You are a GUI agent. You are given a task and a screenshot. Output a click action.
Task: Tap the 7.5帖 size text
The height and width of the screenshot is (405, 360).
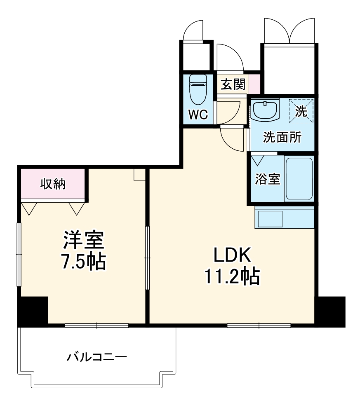84,262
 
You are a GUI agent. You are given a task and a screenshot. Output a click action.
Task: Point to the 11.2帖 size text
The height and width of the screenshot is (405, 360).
232,277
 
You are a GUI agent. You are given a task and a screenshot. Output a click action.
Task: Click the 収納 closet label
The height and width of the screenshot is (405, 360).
53,184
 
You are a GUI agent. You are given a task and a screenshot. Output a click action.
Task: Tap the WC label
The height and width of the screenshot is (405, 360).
198,115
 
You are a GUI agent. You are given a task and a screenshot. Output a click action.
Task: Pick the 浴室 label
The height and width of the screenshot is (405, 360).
268,179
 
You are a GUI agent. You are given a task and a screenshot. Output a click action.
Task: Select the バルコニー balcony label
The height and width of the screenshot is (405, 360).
97,356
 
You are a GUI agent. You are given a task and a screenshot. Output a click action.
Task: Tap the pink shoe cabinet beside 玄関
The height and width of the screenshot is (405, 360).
255,84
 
